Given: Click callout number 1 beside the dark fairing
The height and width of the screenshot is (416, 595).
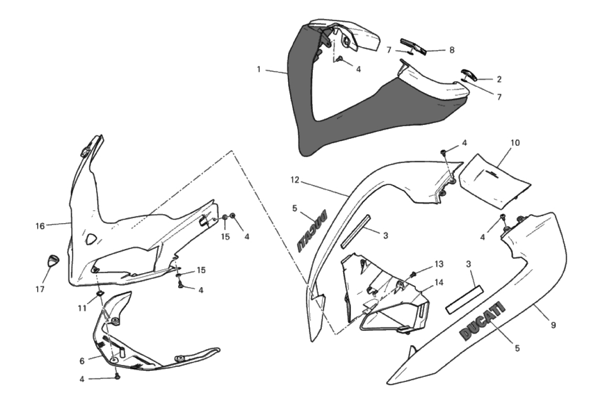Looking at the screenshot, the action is point(259,69).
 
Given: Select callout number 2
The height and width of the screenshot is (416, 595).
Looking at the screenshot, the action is point(499,79).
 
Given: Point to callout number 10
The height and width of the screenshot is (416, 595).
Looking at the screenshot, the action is point(515,143).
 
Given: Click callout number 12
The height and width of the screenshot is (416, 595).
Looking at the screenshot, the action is point(295,180).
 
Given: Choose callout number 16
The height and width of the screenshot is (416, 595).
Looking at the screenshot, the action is point(40,226).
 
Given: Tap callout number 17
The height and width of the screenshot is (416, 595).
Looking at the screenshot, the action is point(40,289).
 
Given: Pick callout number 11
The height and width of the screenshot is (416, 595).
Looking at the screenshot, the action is point(82,308).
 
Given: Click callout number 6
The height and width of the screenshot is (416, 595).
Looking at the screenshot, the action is point(82,361).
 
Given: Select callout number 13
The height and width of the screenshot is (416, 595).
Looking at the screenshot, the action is point(439,264).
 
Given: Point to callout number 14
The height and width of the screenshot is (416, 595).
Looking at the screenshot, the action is point(439,283).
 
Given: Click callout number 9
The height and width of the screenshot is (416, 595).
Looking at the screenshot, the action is point(553,325).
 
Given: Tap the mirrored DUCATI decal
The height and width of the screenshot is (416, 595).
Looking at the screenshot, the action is point(312,231).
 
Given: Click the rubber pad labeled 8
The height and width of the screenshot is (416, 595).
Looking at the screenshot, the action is point(413,46).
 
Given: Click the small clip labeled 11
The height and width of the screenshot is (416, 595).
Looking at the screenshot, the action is point(100,294).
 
